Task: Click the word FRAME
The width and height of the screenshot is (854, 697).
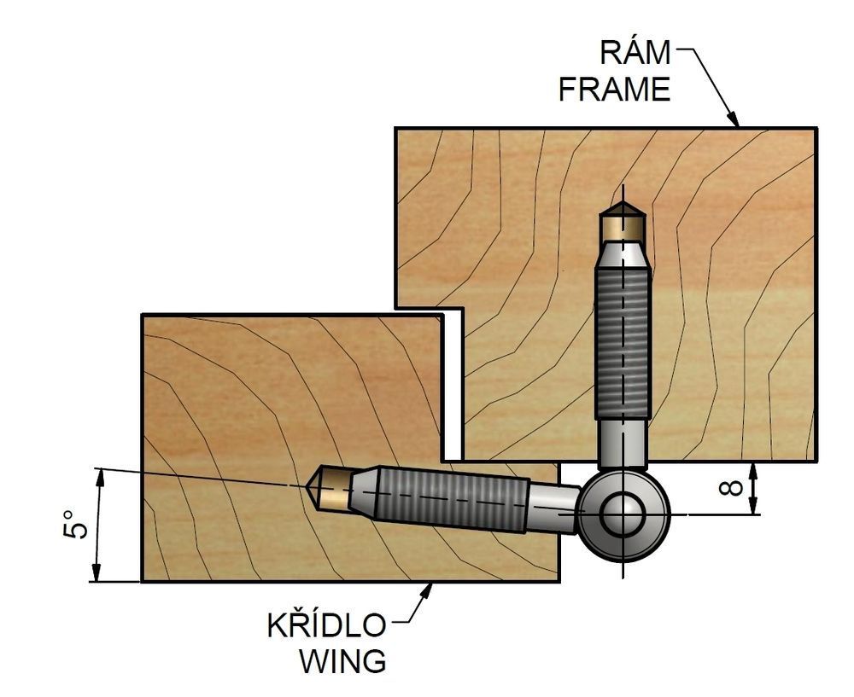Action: (614, 90)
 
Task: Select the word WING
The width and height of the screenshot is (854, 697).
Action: (343, 661)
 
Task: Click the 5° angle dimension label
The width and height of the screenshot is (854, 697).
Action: (76, 525)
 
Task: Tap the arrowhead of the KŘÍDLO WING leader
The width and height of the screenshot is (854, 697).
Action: (427, 590)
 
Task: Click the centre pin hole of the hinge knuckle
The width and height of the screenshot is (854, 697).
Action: (623, 514)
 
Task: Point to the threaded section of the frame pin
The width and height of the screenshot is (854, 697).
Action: (623, 343)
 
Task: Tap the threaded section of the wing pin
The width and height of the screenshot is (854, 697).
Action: (452, 498)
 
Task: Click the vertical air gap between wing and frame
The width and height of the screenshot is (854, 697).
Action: (452, 386)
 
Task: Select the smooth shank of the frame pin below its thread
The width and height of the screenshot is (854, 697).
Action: (623, 443)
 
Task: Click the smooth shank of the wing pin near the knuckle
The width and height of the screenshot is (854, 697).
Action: (553, 508)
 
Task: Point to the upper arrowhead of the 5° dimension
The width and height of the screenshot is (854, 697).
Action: (98, 476)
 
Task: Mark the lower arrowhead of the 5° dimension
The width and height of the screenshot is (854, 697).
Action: (97, 573)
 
